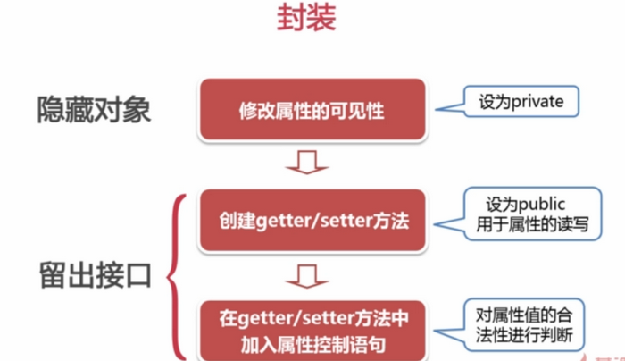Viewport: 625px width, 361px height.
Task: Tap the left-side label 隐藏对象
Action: point(94,110)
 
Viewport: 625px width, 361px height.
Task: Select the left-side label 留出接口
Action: point(94,275)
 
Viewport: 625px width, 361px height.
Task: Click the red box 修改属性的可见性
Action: point(312,111)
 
